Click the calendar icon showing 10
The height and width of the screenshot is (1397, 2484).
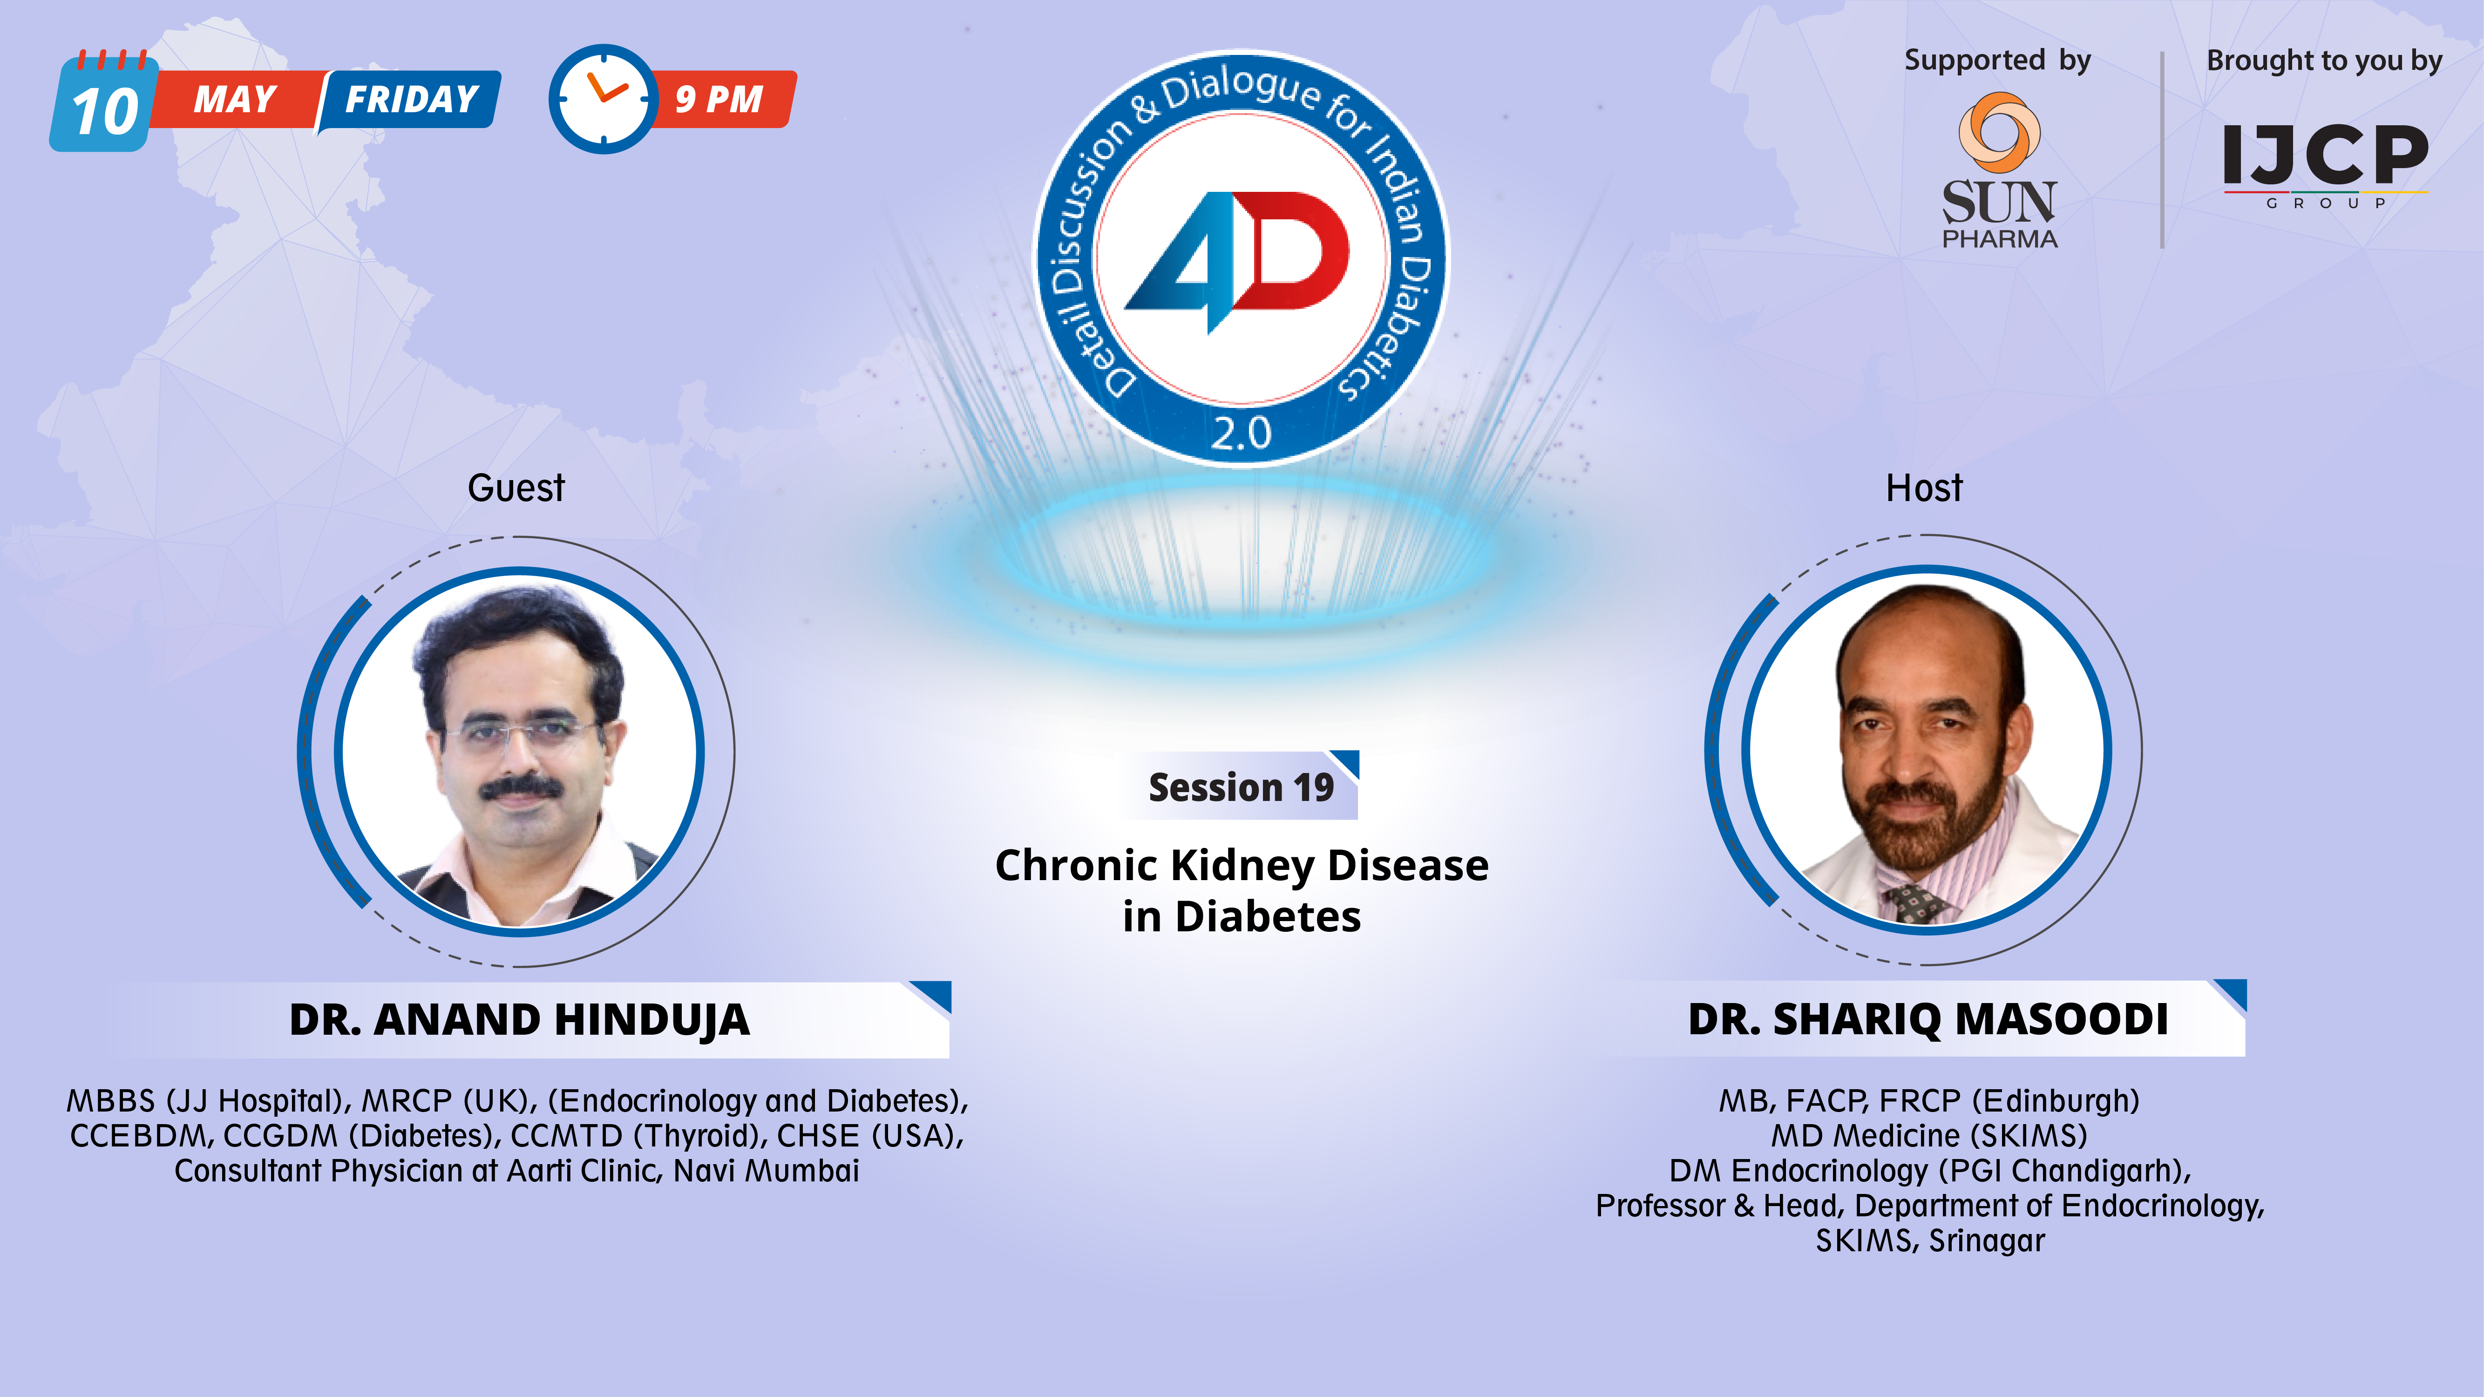[104, 106]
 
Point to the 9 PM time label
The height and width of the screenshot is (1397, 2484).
[719, 99]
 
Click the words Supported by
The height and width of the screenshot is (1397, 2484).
[1997, 60]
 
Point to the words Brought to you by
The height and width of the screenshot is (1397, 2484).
[2324, 60]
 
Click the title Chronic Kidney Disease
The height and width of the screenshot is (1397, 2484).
[1241, 865]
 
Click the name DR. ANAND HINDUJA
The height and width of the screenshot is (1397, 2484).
[519, 1020]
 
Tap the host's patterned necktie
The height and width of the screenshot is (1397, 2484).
[1916, 903]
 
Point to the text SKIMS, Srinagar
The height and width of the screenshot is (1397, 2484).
[1929, 1241]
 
